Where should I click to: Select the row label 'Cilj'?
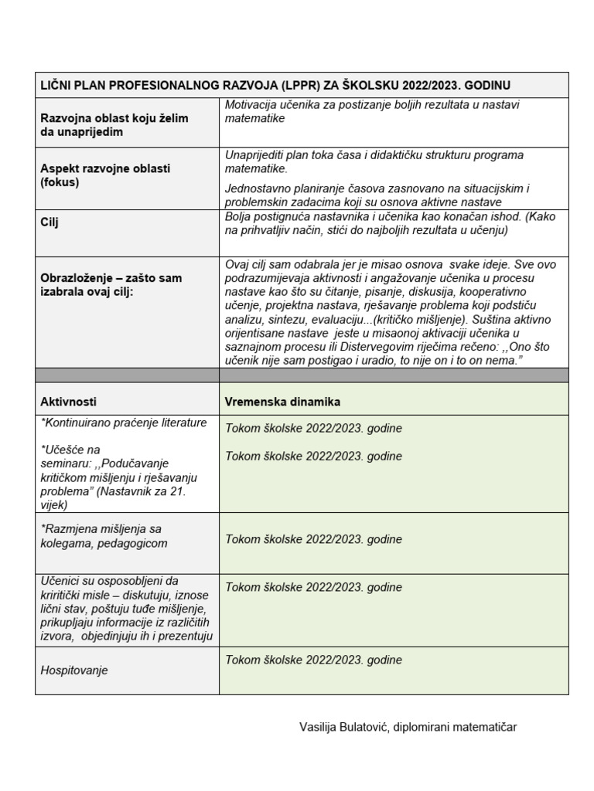(50, 222)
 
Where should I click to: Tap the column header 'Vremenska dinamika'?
(282, 402)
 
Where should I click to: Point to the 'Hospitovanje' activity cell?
(74, 670)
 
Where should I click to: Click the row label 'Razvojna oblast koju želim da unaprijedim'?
(114, 125)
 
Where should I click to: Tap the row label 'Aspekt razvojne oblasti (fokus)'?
(105, 175)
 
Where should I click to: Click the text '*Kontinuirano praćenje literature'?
(124, 423)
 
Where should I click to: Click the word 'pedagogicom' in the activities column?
(131, 543)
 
